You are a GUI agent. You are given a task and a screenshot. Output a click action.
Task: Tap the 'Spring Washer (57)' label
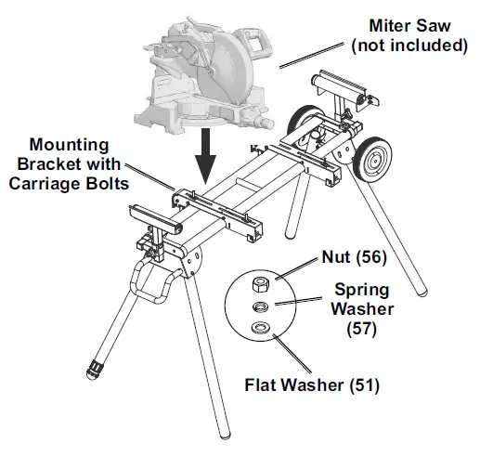365,308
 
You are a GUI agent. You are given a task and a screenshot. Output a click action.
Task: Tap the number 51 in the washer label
368,382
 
